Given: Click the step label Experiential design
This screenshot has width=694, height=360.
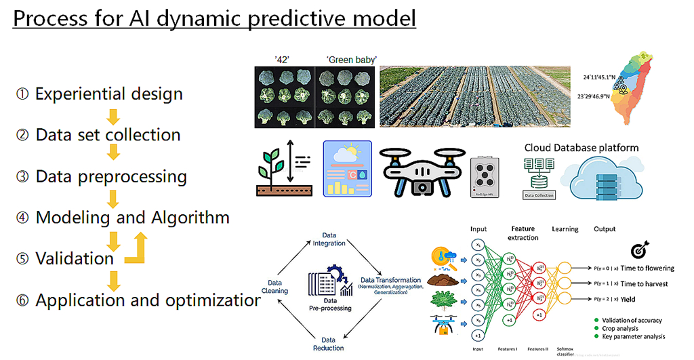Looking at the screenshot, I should click(x=108, y=94).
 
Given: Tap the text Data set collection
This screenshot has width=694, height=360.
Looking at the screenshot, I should click(x=108, y=134).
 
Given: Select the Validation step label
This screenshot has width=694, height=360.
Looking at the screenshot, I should click(x=75, y=258).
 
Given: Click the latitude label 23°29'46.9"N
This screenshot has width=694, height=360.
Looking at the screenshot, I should click(x=594, y=96).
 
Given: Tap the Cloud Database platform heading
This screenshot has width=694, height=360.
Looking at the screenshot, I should click(x=581, y=147).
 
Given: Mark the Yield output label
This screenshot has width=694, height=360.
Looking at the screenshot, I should click(x=631, y=300).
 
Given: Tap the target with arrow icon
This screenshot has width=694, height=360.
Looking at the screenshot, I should click(x=638, y=250).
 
